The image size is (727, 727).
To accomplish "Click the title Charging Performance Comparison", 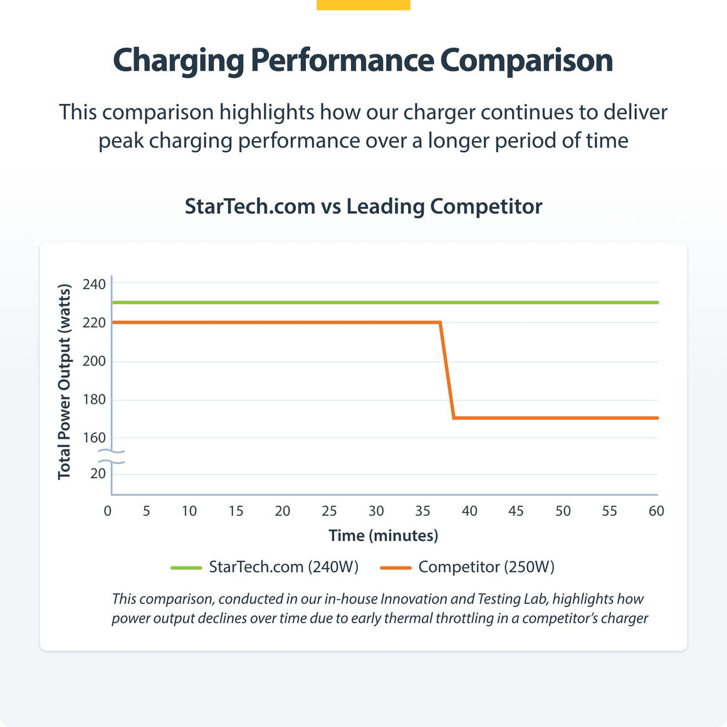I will (x=363, y=61).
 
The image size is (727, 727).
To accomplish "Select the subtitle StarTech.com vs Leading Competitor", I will (x=363, y=206).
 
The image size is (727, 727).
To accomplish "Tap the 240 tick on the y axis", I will (x=94, y=285).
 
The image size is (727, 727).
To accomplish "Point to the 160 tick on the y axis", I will (x=94, y=438).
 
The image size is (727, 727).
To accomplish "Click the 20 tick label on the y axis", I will (x=98, y=474).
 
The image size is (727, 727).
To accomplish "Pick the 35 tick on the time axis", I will (x=422, y=511).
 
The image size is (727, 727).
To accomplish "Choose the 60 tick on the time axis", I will (x=656, y=511).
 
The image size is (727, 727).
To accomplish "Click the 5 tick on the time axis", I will (x=146, y=511).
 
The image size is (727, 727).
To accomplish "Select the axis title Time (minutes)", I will (x=383, y=536).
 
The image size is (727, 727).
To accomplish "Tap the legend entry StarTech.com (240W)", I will (x=283, y=567).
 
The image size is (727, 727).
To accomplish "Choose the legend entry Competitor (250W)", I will (x=486, y=567).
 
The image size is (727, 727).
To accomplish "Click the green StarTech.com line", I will (x=376, y=303).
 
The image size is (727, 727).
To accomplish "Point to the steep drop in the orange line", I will (x=447, y=370).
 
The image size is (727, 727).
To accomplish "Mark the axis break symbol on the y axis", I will (x=112, y=457).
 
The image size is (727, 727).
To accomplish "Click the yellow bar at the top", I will (x=363, y=4).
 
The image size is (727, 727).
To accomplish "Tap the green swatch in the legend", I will (x=186, y=568).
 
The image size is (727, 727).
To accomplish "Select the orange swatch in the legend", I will (x=395, y=568).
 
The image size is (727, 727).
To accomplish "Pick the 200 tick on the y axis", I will (x=94, y=362).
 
